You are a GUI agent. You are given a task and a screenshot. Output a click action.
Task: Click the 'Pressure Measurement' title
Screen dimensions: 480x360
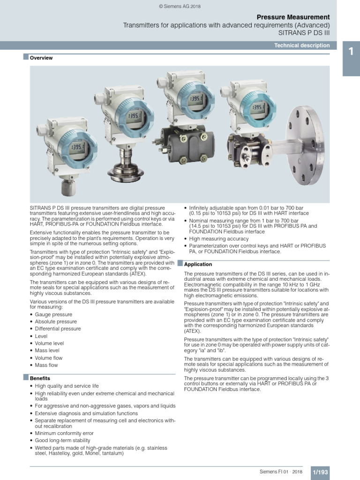pos(293,17)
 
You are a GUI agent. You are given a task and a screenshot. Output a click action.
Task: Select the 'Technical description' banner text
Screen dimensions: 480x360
pos(302,45)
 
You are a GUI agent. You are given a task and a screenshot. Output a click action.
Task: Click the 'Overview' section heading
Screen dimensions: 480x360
pos(41,58)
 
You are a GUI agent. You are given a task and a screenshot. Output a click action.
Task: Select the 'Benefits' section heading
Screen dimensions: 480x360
pos(40,378)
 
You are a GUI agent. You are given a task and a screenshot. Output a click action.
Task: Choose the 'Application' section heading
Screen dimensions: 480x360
pos(198,264)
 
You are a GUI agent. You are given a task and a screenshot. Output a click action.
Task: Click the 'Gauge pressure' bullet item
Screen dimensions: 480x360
pos(52,314)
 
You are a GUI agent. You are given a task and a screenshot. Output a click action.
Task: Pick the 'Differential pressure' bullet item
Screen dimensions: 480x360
pos(58,329)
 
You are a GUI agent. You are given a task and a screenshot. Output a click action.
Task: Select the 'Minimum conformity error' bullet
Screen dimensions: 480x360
pos(64,434)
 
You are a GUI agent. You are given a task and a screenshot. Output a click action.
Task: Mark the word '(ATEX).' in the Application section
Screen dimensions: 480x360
pos(193,330)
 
